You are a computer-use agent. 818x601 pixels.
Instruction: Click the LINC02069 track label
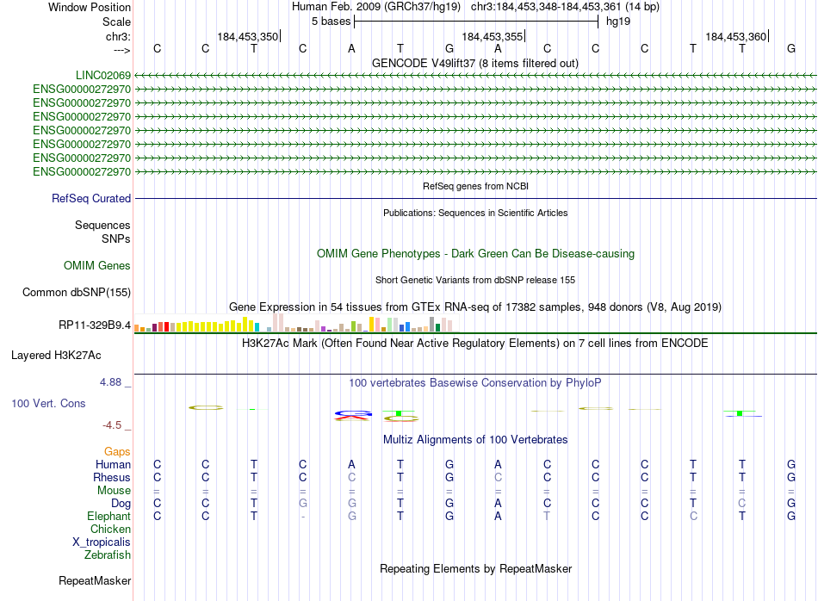click(x=102, y=75)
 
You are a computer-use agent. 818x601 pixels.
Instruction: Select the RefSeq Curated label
click(x=91, y=198)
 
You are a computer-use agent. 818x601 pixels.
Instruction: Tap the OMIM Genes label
click(x=97, y=265)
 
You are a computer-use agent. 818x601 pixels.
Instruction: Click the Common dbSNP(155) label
click(x=77, y=292)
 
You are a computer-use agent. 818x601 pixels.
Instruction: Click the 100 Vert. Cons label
click(x=48, y=403)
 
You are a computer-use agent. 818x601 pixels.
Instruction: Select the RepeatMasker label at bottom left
click(x=95, y=581)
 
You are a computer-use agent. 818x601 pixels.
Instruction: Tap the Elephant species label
click(x=108, y=516)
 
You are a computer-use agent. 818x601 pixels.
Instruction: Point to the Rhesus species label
click(x=112, y=477)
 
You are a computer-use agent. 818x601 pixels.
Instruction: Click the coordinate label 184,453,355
click(x=492, y=36)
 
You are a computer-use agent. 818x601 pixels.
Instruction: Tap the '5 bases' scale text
click(x=331, y=21)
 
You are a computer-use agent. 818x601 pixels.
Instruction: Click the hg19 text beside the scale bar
click(x=617, y=21)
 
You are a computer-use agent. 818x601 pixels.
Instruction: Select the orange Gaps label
click(x=117, y=451)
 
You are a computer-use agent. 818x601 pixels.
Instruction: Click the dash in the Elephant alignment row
click(x=303, y=517)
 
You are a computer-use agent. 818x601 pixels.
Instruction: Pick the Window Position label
click(x=90, y=7)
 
